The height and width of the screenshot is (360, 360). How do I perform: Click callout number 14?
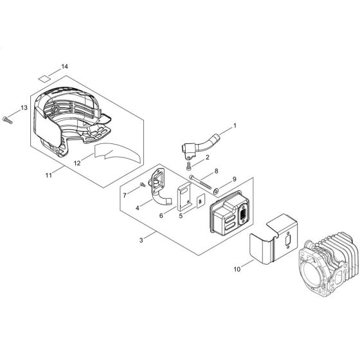pyautogui.click(x=64, y=67)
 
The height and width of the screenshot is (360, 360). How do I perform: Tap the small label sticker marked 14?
pyautogui.click(x=44, y=78)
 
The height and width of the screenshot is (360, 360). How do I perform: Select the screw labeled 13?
pyautogui.click(x=7, y=120)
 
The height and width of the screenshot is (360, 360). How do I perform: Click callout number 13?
pyautogui.click(x=24, y=108)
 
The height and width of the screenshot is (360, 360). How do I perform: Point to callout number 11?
pyautogui.click(x=48, y=175)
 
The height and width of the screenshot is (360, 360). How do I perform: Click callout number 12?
pyautogui.click(x=77, y=163)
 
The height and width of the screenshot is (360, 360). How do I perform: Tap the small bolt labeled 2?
pyautogui.click(x=189, y=166)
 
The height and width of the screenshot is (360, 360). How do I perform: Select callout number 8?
pyautogui.click(x=216, y=171)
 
